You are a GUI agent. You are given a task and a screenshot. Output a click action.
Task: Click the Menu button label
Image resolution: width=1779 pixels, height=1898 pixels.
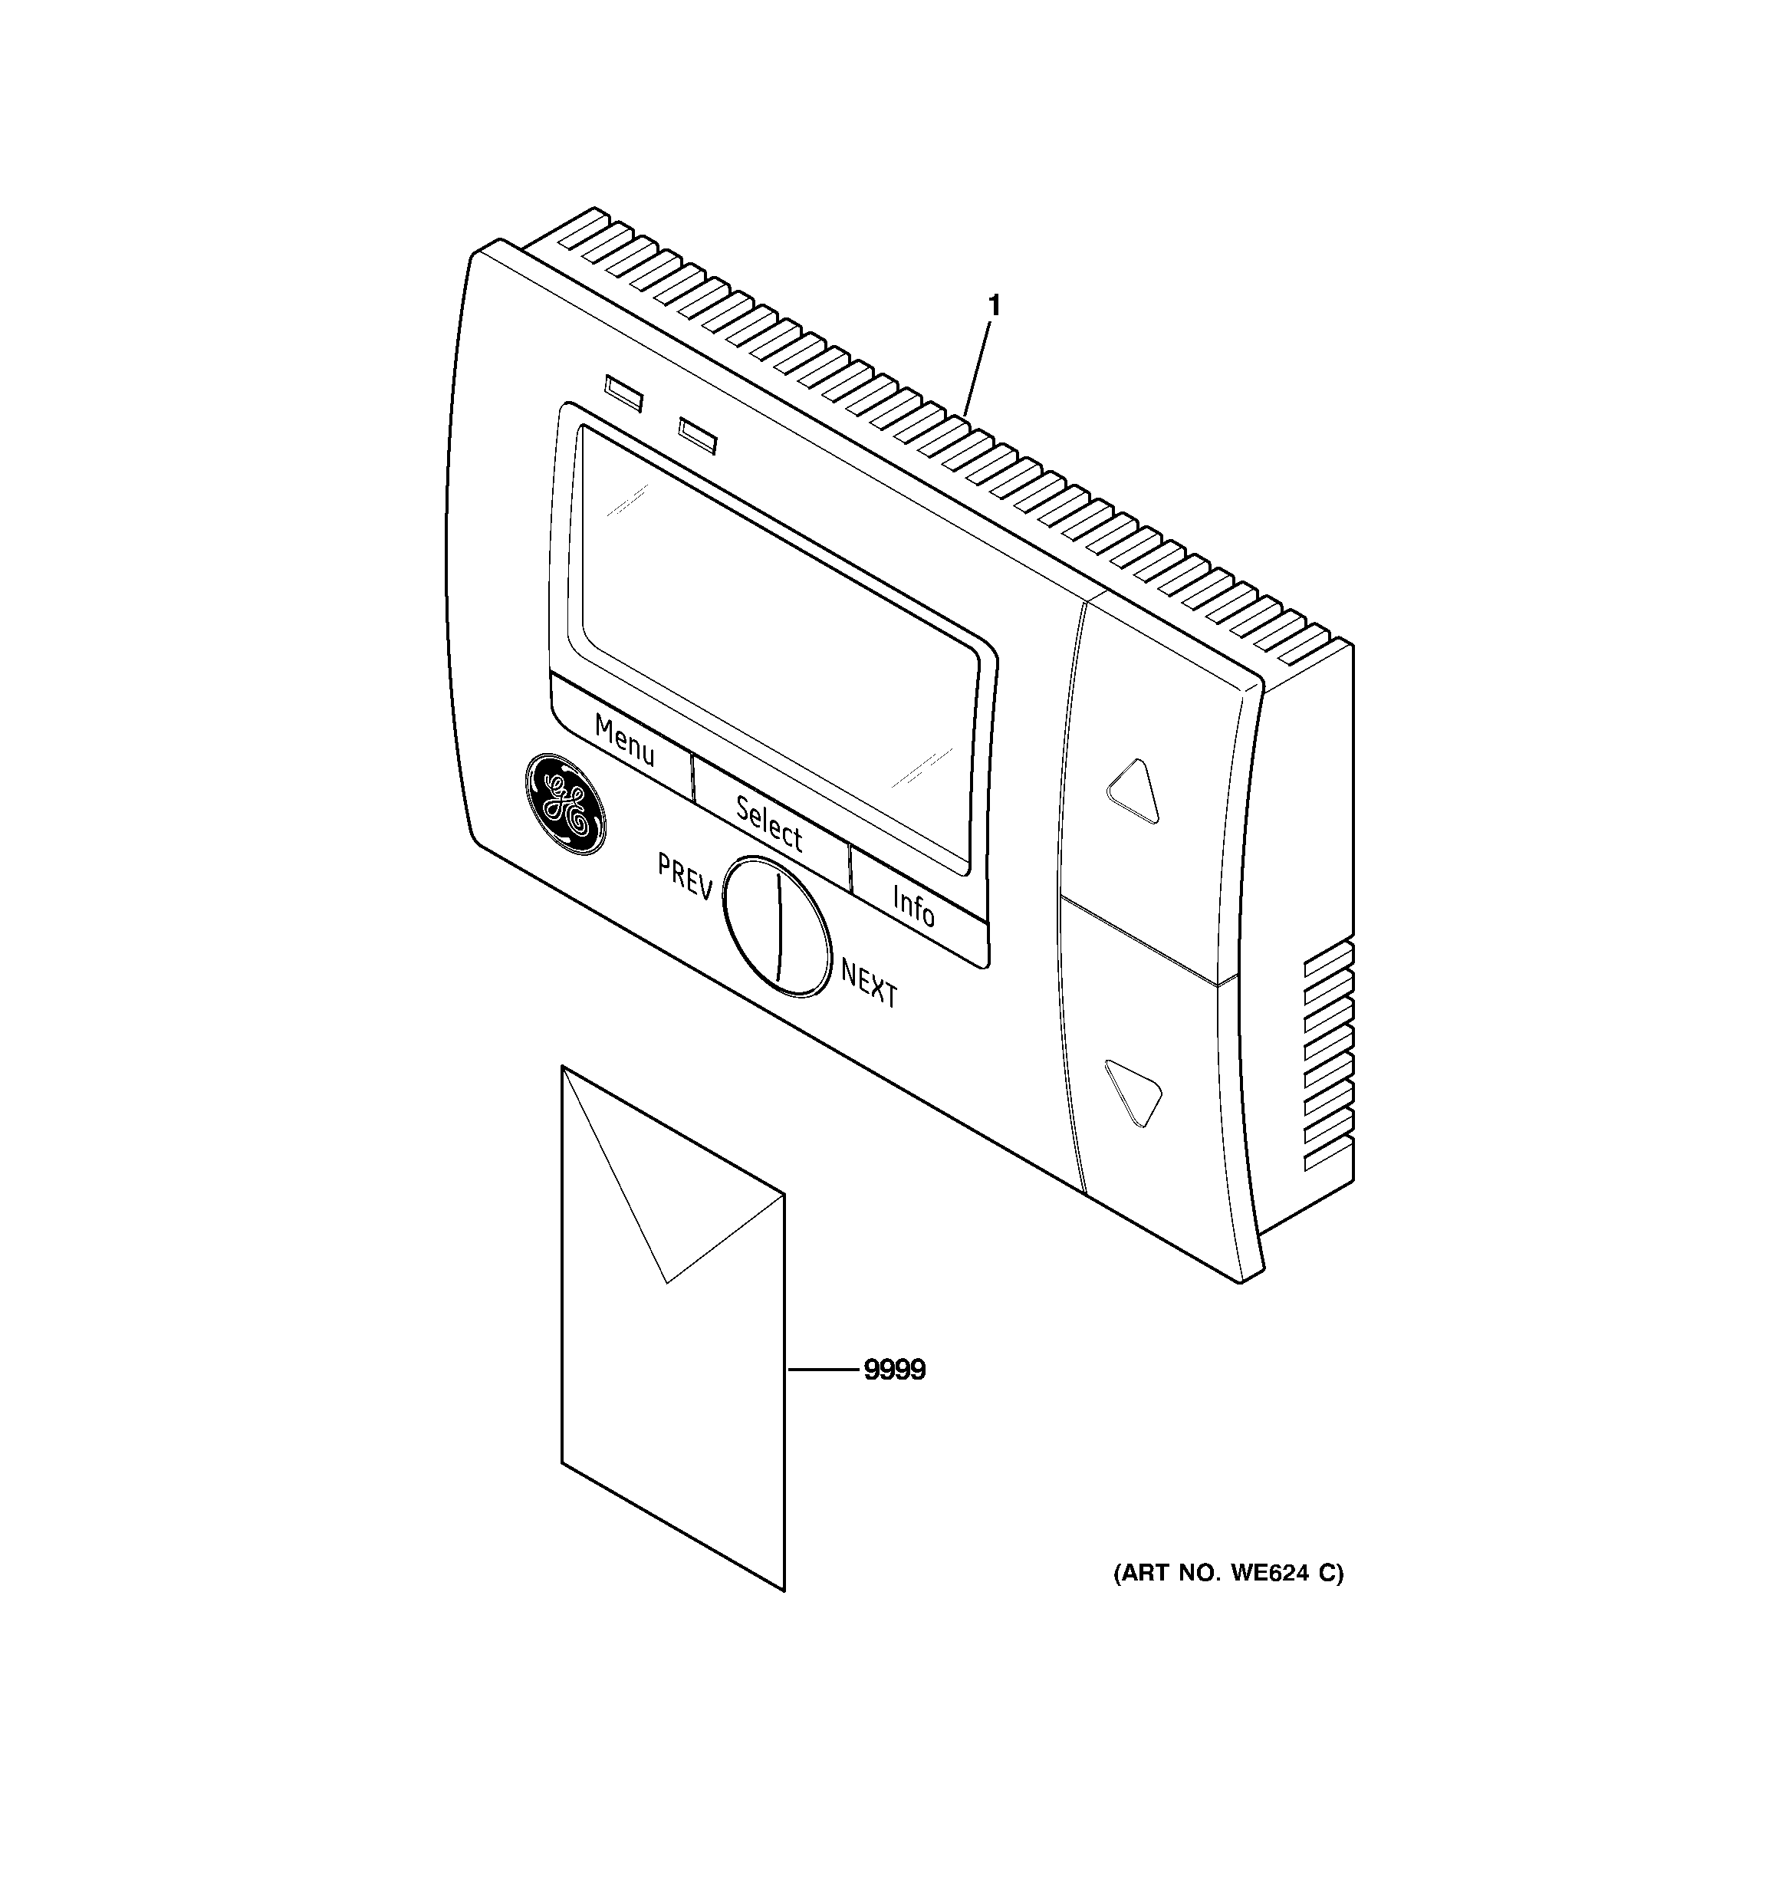coord(624,741)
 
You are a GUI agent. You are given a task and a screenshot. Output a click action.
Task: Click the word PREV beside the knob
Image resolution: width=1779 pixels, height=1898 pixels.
coord(685,877)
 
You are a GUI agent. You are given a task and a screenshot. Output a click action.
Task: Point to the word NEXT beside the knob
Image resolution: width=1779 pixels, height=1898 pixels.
coord(869,982)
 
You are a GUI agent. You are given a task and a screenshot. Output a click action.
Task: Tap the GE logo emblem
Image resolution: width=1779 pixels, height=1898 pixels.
coord(564,804)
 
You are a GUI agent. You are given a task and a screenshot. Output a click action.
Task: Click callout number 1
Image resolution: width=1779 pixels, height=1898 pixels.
coord(994,307)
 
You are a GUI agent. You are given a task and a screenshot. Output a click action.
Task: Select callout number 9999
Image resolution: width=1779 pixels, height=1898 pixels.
coord(895,1370)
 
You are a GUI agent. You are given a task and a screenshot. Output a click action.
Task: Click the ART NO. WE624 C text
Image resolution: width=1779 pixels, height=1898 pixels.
coord(1228,1574)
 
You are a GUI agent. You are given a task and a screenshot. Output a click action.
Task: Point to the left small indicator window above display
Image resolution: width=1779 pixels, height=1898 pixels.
coord(624,393)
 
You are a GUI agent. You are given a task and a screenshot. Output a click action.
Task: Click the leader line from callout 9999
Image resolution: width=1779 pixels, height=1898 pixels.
coord(822,1371)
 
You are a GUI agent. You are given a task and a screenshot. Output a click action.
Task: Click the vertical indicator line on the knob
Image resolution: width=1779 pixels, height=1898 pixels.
coord(779,927)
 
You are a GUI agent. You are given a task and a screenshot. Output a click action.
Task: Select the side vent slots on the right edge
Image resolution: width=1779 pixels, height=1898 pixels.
coord(1328,1060)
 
